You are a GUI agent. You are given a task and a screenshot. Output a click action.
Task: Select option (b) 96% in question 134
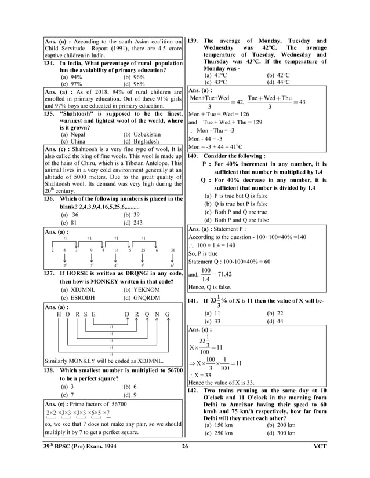134,76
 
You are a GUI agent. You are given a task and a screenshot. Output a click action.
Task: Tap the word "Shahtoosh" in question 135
78,115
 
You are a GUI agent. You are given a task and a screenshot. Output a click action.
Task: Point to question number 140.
194,156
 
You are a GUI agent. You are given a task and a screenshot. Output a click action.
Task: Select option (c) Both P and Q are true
237,212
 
